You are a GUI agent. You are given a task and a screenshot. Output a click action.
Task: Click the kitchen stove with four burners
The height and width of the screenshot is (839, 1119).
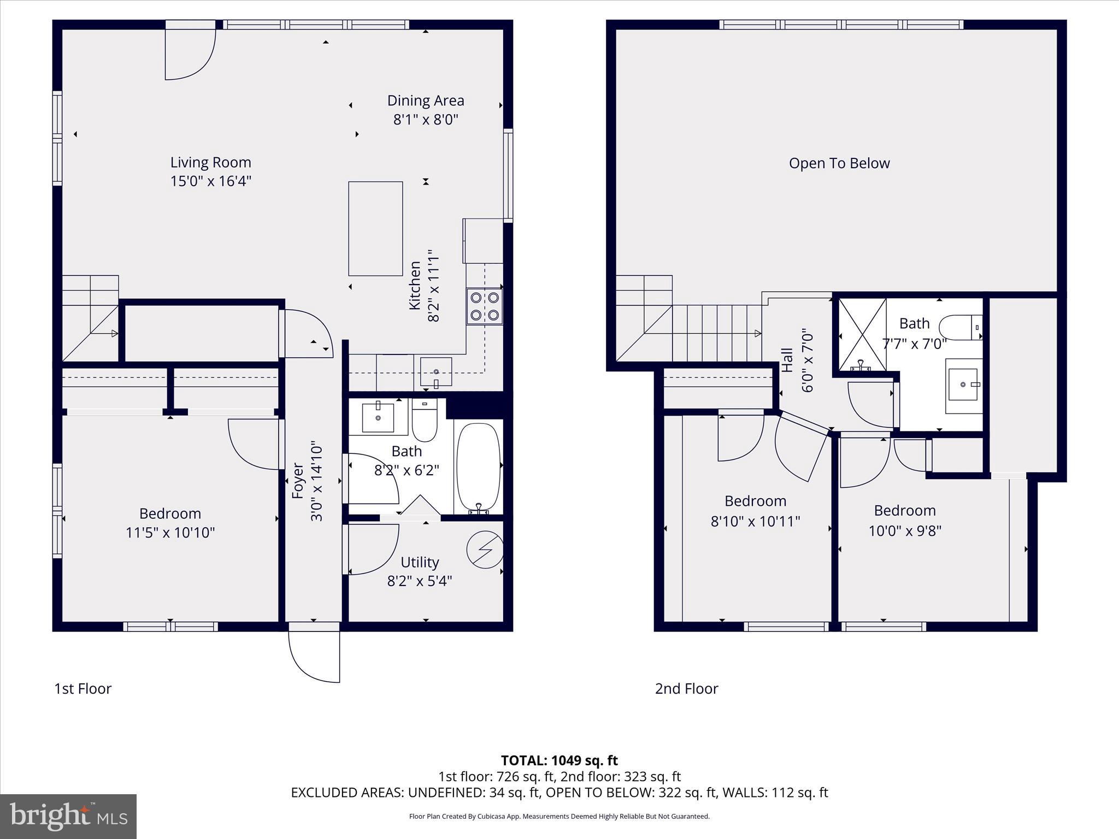pyautogui.click(x=485, y=306)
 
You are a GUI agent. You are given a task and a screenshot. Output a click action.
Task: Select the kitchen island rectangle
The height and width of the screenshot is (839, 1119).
pyautogui.click(x=375, y=229)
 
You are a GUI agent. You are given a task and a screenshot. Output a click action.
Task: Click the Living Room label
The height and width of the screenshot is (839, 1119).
pyautogui.click(x=210, y=162)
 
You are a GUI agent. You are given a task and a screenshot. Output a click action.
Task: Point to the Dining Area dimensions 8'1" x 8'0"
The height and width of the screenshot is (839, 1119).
pyautogui.click(x=426, y=120)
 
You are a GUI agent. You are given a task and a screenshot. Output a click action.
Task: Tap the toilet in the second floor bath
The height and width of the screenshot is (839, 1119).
pyautogui.click(x=960, y=328)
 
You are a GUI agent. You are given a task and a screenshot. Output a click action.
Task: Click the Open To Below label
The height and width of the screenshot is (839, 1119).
pyautogui.click(x=839, y=163)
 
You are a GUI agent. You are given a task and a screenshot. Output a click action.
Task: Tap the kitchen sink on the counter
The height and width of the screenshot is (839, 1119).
pyautogui.click(x=435, y=372)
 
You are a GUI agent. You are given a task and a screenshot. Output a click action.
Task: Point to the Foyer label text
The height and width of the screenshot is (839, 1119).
pyautogui.click(x=298, y=481)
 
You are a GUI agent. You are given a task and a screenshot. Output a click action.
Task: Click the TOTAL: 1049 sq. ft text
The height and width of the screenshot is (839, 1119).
pyautogui.click(x=559, y=760)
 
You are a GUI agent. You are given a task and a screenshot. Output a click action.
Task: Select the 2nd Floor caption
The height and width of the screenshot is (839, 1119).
pyautogui.click(x=686, y=689)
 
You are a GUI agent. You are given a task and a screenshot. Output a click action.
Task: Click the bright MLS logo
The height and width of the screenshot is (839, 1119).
pyautogui.click(x=68, y=816)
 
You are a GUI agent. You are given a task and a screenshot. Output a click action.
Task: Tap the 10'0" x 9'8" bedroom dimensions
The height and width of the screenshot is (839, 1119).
pyautogui.click(x=905, y=531)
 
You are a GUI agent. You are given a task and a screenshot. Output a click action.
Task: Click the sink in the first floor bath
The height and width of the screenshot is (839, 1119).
pyautogui.click(x=378, y=418)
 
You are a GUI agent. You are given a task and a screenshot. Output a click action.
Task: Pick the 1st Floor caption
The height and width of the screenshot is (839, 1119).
pyautogui.click(x=83, y=689)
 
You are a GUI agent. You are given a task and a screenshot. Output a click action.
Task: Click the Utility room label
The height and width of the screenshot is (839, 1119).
pyautogui.click(x=420, y=562)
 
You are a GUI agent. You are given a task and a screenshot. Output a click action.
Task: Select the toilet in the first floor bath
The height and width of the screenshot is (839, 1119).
pyautogui.click(x=425, y=421)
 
